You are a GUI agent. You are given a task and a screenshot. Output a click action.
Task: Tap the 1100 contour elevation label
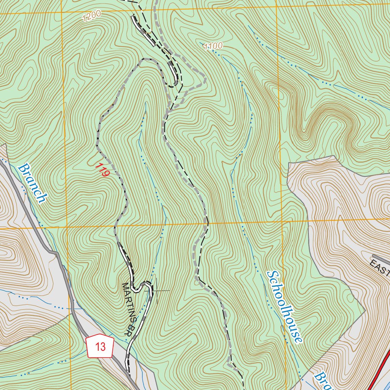[x=213, y=46]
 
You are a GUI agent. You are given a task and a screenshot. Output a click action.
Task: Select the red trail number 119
[x=102, y=170]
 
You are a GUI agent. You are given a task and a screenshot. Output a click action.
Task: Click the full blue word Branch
[x=33, y=183]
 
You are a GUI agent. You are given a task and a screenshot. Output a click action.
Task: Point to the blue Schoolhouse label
[x=285, y=307]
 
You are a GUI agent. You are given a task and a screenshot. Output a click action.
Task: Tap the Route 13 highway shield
[x=101, y=347]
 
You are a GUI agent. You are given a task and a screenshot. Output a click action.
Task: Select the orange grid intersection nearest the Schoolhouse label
[x=282, y=221]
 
